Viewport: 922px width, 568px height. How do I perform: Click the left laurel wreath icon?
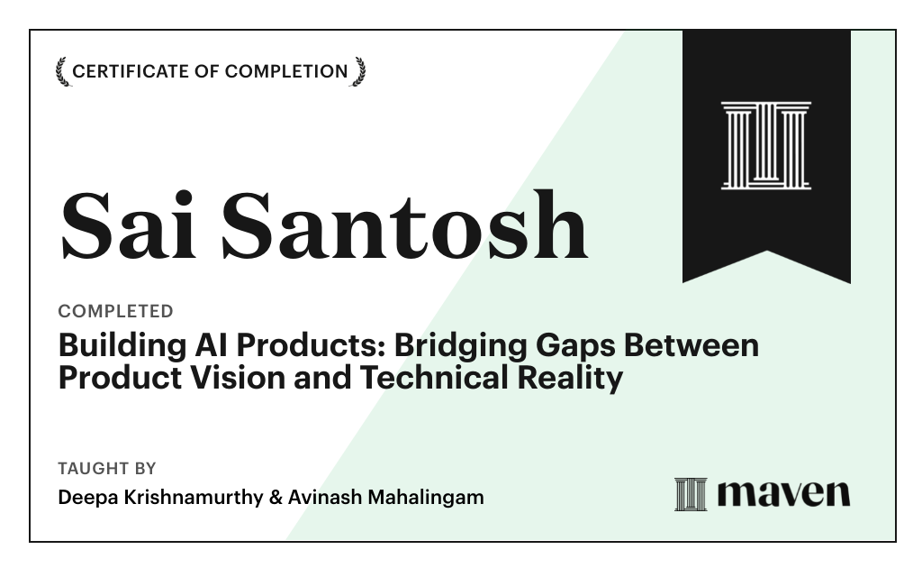[x=62, y=71]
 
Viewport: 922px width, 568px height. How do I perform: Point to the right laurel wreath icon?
[x=358, y=71]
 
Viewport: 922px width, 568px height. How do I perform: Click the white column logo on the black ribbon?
[x=766, y=145]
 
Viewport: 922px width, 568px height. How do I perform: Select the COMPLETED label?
[x=115, y=311]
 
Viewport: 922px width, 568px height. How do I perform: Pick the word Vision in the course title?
[x=249, y=378]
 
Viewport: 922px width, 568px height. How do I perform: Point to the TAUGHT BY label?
[x=107, y=469]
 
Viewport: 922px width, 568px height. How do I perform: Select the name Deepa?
[x=85, y=497]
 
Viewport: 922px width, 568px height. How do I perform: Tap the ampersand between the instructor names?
[x=276, y=497]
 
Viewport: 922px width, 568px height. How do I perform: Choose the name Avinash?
[x=321, y=497]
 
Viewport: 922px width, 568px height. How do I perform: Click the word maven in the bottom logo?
[x=783, y=493]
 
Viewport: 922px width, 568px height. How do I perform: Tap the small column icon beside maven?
[x=691, y=494]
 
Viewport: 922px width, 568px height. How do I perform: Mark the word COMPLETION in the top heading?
[x=286, y=71]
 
